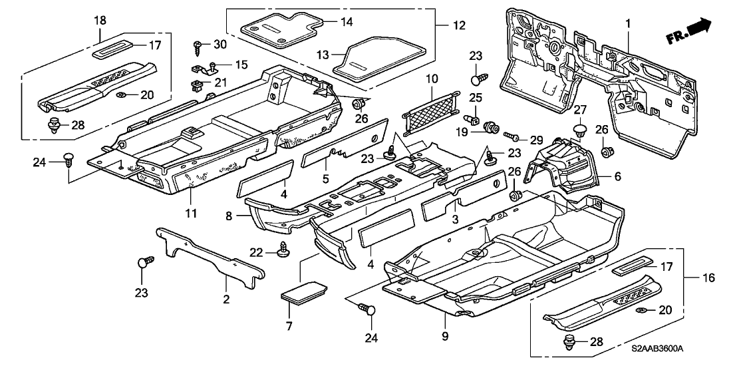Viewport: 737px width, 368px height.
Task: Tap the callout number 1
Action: pyautogui.click(x=627, y=24)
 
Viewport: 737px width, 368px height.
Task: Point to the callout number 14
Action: pyautogui.click(x=347, y=21)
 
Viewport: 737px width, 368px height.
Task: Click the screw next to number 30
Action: pyautogui.click(x=198, y=45)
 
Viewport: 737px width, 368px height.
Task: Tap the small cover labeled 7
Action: pyautogui.click(x=305, y=291)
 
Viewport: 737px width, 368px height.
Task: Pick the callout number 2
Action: pyautogui.click(x=226, y=300)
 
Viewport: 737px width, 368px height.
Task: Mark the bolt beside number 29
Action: pyautogui.click(x=513, y=136)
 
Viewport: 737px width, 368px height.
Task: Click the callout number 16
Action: pyautogui.click(x=710, y=277)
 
